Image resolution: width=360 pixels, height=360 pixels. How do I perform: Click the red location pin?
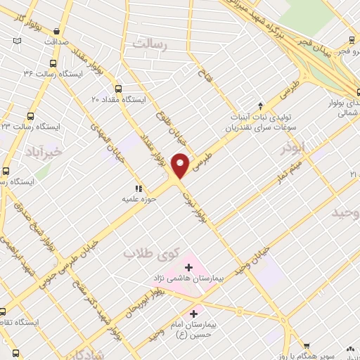(x=181, y=165)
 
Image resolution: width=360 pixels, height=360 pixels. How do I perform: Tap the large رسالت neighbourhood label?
(x=148, y=44)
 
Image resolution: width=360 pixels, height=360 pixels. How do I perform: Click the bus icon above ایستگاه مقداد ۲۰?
(x=117, y=89)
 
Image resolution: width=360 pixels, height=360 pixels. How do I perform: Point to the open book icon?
(x=17, y=42)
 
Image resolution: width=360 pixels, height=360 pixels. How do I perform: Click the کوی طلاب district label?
(x=153, y=252)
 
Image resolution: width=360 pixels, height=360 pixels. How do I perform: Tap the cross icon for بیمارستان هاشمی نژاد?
(x=188, y=266)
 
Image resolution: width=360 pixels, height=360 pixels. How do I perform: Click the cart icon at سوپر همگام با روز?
(x=306, y=345)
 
